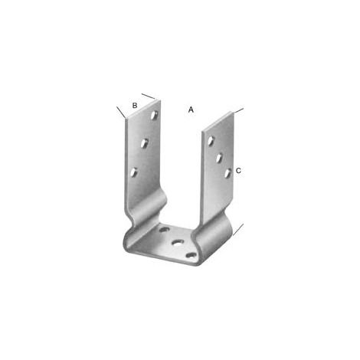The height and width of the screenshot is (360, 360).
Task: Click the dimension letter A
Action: [x=191, y=110]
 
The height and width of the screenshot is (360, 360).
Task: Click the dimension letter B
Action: [x=135, y=105]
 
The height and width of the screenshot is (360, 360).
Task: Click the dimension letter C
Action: [x=238, y=171]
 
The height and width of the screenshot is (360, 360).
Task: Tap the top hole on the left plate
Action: [x=154, y=115]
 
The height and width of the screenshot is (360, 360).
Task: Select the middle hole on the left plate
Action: [x=145, y=143]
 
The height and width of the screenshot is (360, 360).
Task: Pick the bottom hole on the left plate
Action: [x=133, y=172]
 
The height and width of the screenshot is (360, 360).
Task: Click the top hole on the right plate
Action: [x=211, y=141]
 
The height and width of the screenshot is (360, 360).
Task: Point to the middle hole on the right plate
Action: [x=219, y=157]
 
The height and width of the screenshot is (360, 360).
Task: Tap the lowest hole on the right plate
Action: [x=227, y=173]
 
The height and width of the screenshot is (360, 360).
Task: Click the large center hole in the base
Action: [x=178, y=242]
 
